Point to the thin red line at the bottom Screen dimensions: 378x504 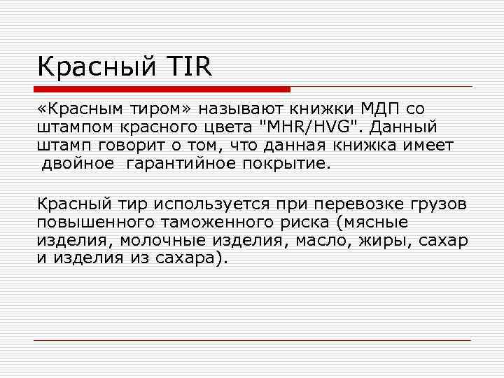pyautogui.click(x=252, y=341)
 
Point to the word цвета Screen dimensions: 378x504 pyautogui.click(x=239, y=128)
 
